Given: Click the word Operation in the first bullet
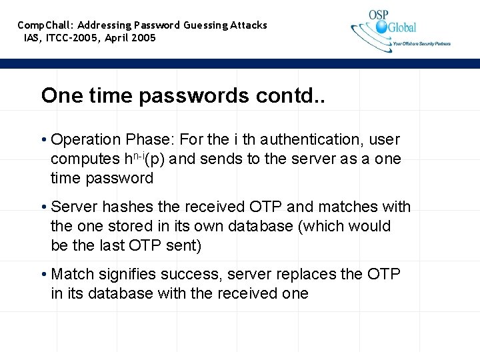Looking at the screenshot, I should (x=85, y=140).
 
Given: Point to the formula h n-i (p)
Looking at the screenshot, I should (x=145, y=159).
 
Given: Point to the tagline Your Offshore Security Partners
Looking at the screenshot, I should (x=421, y=44).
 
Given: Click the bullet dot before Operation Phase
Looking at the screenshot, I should (x=43, y=141).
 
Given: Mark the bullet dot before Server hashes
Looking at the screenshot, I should (x=43, y=208).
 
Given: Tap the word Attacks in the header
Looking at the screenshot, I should (x=249, y=25).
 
